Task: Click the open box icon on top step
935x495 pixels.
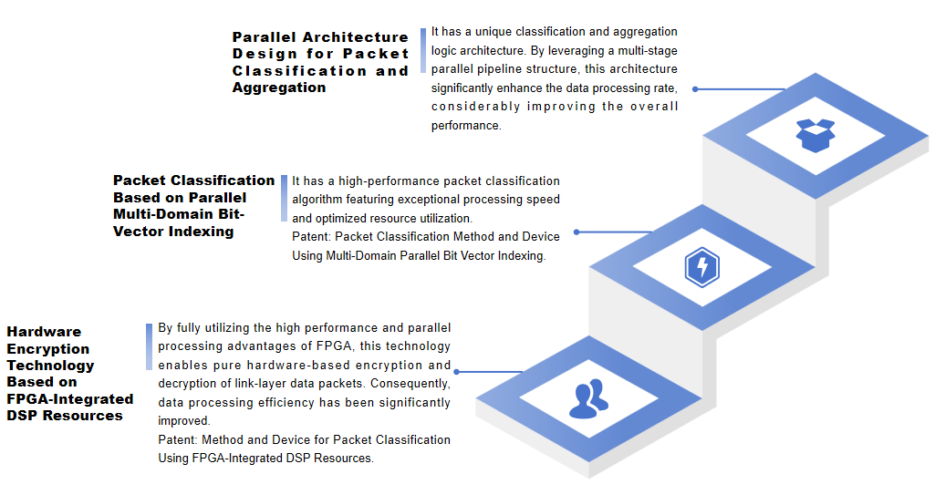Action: coord(816,135)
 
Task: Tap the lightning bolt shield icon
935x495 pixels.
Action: coord(701,267)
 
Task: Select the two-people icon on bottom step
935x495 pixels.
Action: coord(588,398)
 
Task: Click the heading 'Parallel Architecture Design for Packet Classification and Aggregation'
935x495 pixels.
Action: coord(319,62)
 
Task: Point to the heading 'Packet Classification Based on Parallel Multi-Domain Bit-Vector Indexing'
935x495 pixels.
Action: coord(193,206)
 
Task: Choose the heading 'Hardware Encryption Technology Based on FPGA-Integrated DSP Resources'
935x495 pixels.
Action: coord(69,374)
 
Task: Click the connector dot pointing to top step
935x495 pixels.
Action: coord(695,89)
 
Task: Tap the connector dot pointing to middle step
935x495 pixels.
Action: coord(576,232)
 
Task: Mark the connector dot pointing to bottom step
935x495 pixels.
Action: coord(458,372)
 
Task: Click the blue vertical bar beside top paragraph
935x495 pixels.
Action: coord(423,50)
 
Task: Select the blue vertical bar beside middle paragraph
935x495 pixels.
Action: coord(284,199)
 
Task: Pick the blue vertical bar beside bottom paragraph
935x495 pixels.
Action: coord(149,346)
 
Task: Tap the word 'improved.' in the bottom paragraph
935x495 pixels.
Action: coord(184,421)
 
